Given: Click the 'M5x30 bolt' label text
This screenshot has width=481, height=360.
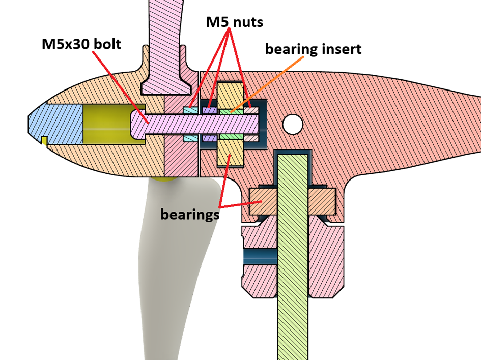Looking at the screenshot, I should [x=81, y=44].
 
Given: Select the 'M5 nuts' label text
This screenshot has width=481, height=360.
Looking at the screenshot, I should [x=234, y=22].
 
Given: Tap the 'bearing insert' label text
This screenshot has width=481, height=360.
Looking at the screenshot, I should [x=313, y=49].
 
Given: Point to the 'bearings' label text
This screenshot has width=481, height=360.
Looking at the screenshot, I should [x=190, y=214].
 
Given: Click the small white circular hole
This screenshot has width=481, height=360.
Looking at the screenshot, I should [x=293, y=124].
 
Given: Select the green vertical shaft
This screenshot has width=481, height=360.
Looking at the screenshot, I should [x=293, y=254].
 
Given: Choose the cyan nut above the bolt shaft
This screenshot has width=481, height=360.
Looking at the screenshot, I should [x=190, y=110].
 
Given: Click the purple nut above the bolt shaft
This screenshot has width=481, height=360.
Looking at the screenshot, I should [x=209, y=110].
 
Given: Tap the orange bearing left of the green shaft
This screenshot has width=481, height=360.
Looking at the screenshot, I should [x=263, y=201].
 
